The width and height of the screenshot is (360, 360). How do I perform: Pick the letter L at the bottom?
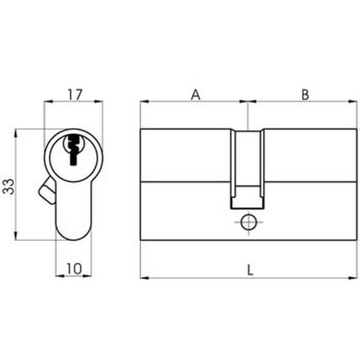(x=250, y=270)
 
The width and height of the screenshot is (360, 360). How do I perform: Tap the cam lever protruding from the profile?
(x=48, y=190)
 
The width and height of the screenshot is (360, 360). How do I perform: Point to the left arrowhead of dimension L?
(x=143, y=278)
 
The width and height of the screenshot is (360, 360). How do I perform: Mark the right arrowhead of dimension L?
(x=354, y=278)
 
